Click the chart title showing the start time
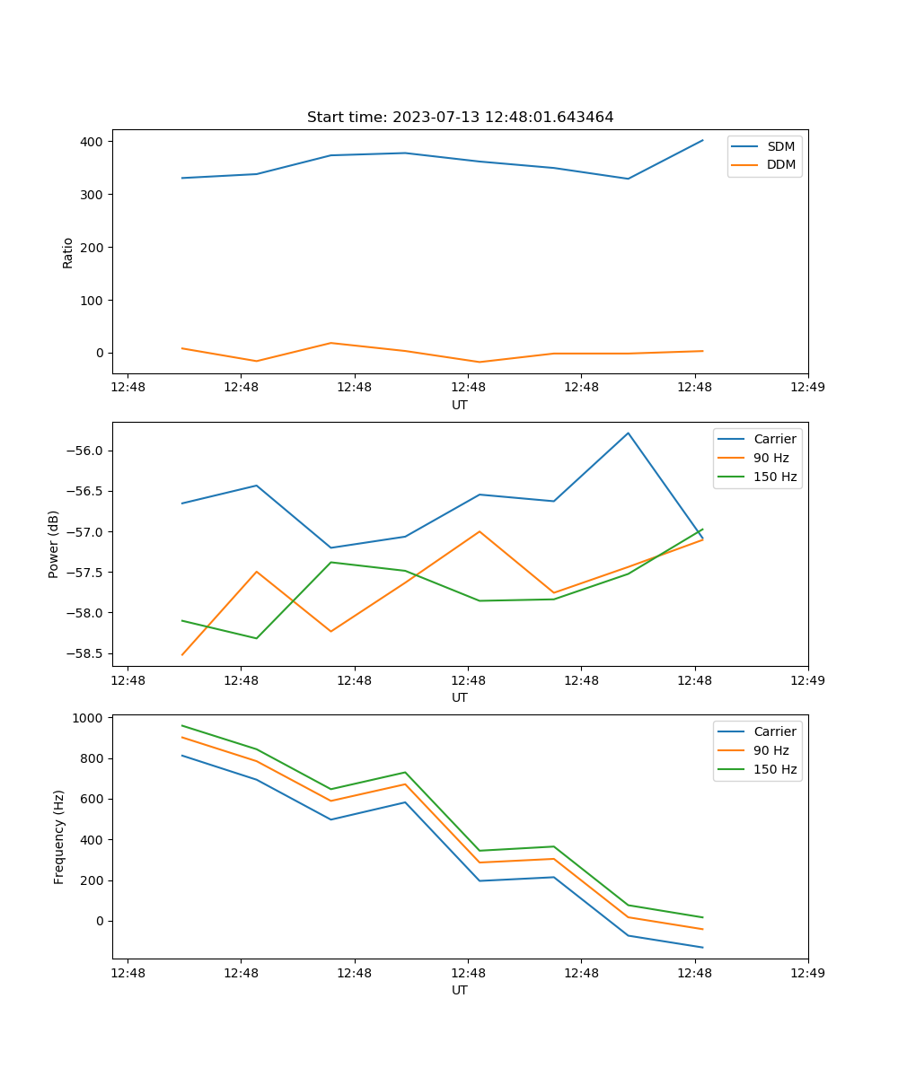[460, 118]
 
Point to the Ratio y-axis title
[68, 252]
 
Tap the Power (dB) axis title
[55, 544]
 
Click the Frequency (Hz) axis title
[59, 836]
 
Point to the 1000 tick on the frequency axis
[89, 718]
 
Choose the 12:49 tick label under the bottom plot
[808, 972]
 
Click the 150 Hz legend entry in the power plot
[775, 477]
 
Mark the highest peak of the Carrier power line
[628, 433]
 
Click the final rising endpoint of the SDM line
[702, 140]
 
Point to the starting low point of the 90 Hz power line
[182, 654]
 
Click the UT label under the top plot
[460, 405]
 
